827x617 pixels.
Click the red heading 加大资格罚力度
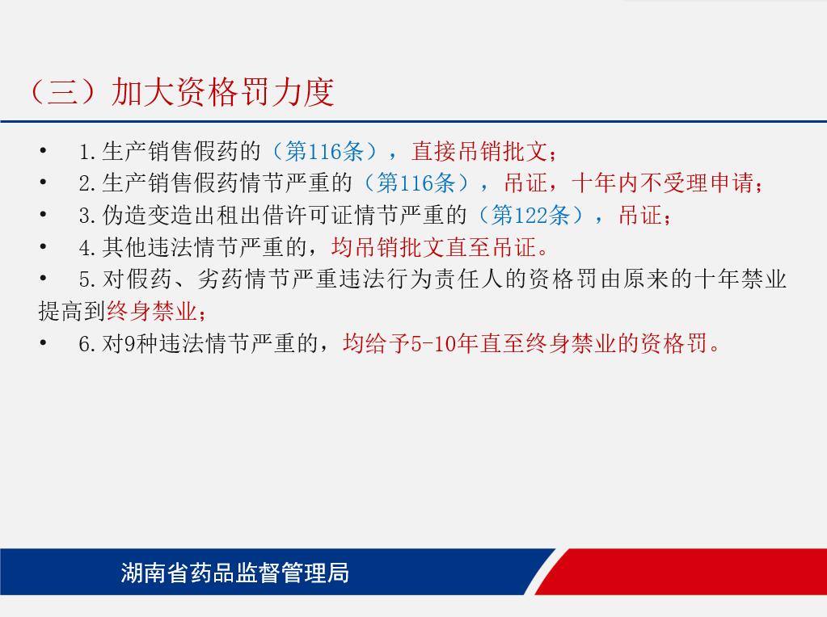click(x=222, y=93)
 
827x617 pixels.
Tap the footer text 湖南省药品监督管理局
click(x=234, y=573)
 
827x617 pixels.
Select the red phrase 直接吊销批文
click(x=480, y=151)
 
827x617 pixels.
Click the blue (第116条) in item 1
click(x=325, y=151)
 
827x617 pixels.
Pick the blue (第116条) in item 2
click(x=416, y=183)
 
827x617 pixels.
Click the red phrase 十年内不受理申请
click(x=663, y=183)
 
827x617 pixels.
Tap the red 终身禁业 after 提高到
click(x=152, y=312)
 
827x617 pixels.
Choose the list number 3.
click(x=84, y=216)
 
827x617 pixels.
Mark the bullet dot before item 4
click(x=43, y=246)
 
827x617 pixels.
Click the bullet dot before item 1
click(x=43, y=151)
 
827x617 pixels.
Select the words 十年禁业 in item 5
click(x=741, y=279)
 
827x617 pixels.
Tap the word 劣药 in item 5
click(x=221, y=279)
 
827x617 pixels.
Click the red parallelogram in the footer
click(x=681, y=572)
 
